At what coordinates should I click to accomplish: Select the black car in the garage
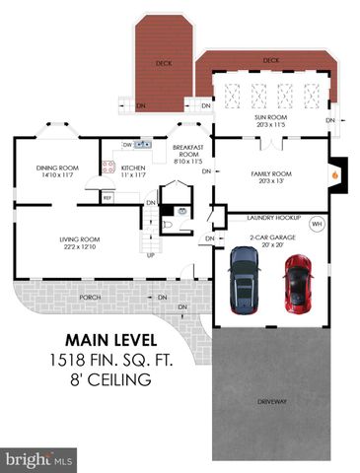245,276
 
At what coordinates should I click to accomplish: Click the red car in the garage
297,281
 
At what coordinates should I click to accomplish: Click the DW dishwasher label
127,145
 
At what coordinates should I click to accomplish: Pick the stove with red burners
108,168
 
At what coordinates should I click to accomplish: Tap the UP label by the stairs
151,256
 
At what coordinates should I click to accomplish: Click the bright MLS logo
39,459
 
